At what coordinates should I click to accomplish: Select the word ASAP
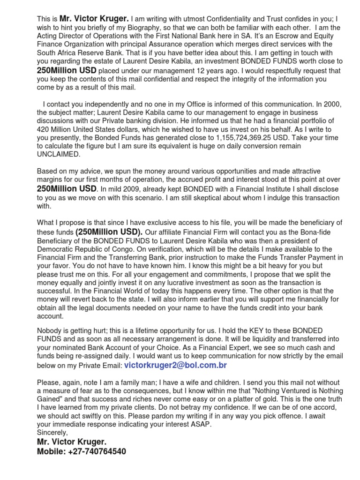click(x=202, y=424)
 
